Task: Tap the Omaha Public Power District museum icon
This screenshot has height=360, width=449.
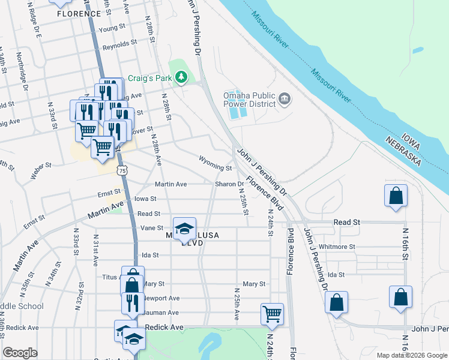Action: pyautogui.click(x=285, y=98)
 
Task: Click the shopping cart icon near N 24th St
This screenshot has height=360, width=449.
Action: pyautogui.click(x=273, y=313)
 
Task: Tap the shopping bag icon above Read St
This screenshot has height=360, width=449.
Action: pyautogui.click(x=396, y=196)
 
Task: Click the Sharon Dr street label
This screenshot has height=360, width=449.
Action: pyautogui.click(x=229, y=184)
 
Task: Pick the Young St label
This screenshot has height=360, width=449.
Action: pyautogui.click(x=112, y=28)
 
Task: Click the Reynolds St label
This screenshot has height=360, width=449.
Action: pyautogui.click(x=120, y=44)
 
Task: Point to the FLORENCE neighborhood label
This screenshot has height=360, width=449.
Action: pyautogui.click(x=78, y=13)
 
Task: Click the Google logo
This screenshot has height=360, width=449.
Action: pyautogui.click(x=20, y=353)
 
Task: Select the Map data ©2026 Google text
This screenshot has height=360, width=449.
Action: pyautogui.click(x=411, y=355)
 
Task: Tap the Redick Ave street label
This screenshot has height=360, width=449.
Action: pyautogui.click(x=163, y=328)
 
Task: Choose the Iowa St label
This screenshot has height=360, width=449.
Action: pyautogui.click(x=145, y=199)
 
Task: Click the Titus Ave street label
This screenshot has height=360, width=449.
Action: pyautogui.click(x=112, y=277)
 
